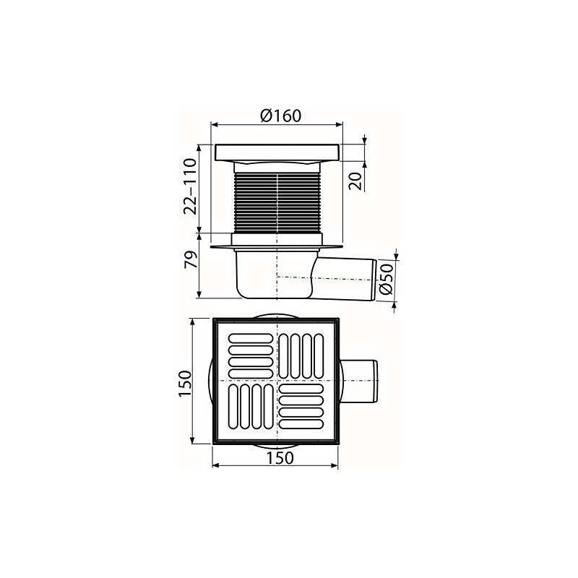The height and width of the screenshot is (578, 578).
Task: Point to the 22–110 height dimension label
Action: [x=190, y=187]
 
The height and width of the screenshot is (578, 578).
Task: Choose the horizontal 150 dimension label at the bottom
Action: [x=278, y=457]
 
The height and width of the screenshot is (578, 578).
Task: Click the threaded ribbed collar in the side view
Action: [x=277, y=202]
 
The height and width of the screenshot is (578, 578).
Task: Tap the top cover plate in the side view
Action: [x=277, y=152]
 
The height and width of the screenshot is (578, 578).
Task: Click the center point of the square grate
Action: [x=277, y=381]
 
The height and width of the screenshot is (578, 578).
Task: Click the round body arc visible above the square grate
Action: [x=277, y=314]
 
